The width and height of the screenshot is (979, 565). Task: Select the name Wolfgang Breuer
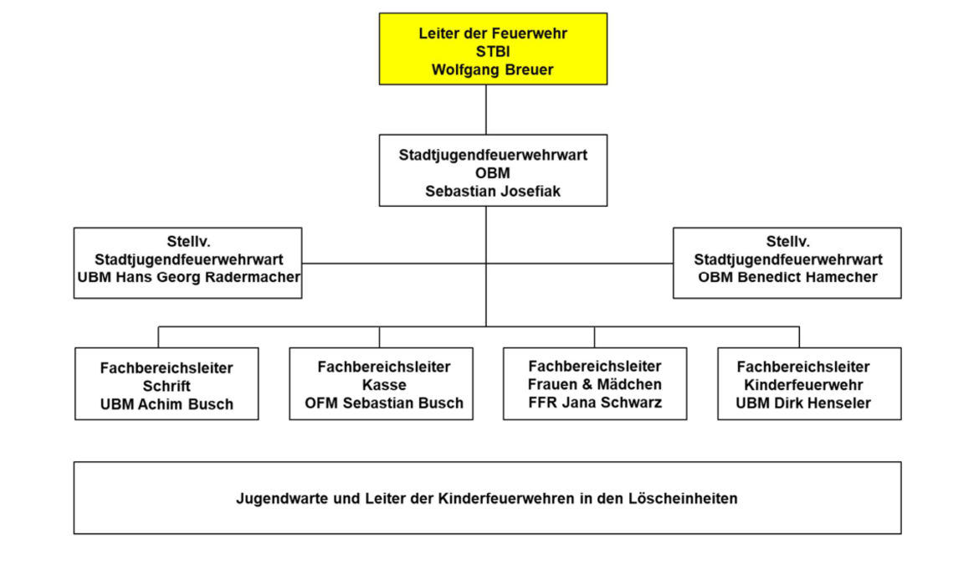(x=493, y=70)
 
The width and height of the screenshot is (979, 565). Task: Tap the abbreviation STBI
(x=493, y=52)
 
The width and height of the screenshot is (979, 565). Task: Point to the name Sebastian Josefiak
(x=493, y=191)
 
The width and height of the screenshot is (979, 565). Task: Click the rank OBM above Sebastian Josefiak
(x=493, y=173)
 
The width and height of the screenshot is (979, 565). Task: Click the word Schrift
(x=167, y=386)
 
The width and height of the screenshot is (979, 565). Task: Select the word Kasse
(x=384, y=385)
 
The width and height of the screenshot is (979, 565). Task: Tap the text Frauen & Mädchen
(x=595, y=384)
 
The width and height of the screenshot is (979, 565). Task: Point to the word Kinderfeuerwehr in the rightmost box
(x=803, y=385)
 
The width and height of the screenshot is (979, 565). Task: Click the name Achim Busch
(x=185, y=404)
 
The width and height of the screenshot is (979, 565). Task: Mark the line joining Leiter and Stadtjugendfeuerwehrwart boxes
(x=486, y=110)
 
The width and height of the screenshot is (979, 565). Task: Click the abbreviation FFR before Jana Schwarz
(x=543, y=403)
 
